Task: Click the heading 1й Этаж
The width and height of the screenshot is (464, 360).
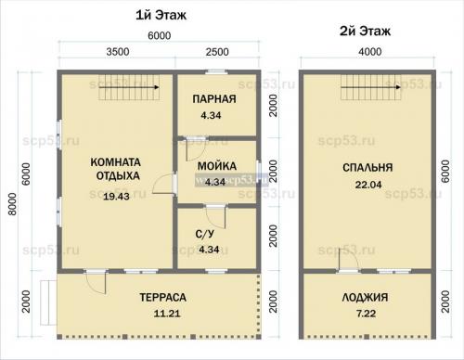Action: pyautogui.click(x=161, y=15)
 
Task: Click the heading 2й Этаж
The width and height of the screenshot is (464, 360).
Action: pyautogui.click(x=365, y=31)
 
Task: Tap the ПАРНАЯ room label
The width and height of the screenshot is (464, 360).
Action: pyautogui.click(x=214, y=99)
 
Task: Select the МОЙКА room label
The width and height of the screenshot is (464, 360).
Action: pyautogui.click(x=217, y=166)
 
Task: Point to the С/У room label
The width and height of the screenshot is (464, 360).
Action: pyautogui.click(x=204, y=234)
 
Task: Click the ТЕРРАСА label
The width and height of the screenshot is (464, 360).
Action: pyautogui.click(x=163, y=298)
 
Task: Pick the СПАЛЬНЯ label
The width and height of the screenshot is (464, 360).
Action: pyautogui.click(x=367, y=168)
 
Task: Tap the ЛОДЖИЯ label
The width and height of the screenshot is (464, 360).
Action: pyautogui.click(x=365, y=298)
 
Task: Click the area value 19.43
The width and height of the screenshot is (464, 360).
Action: pyautogui.click(x=116, y=197)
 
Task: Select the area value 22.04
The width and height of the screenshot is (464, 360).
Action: pyautogui.click(x=368, y=185)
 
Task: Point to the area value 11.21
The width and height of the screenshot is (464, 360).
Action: pyautogui.click(x=167, y=314)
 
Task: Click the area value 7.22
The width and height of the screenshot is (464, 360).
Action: pyautogui.click(x=366, y=314)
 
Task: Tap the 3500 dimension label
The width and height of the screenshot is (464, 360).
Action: pyautogui.click(x=118, y=52)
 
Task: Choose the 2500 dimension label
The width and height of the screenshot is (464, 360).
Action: pyautogui.click(x=217, y=52)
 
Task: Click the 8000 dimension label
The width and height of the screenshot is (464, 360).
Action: pyautogui.click(x=12, y=204)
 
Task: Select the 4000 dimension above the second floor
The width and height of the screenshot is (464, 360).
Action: pyautogui.click(x=370, y=52)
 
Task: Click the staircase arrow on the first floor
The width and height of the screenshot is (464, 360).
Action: pyautogui.click(x=129, y=87)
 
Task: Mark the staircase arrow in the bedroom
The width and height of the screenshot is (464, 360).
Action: pyautogui.click(x=371, y=87)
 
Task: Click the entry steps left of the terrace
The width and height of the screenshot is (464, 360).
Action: pyautogui.click(x=48, y=302)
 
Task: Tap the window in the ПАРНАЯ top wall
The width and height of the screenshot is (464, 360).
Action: pyautogui.click(x=217, y=72)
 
